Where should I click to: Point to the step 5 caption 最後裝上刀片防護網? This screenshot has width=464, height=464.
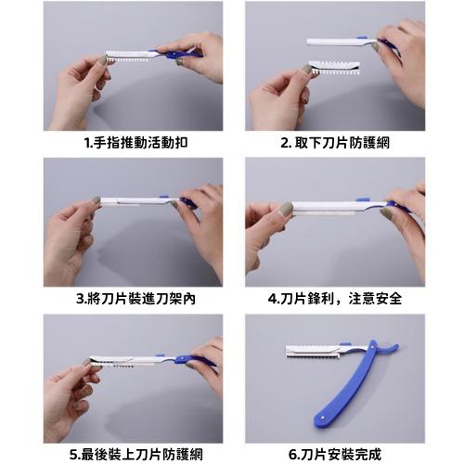[x=135, y=454]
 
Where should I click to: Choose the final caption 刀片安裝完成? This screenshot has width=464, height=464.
[x=341, y=454]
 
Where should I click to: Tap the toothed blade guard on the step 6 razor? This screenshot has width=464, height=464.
[x=311, y=352]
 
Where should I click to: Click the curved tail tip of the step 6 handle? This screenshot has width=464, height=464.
[x=397, y=347]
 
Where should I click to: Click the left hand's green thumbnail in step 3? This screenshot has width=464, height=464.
[x=96, y=200]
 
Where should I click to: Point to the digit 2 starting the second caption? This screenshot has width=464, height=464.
[x=285, y=144]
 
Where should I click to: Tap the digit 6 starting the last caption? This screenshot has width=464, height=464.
[x=293, y=454]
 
